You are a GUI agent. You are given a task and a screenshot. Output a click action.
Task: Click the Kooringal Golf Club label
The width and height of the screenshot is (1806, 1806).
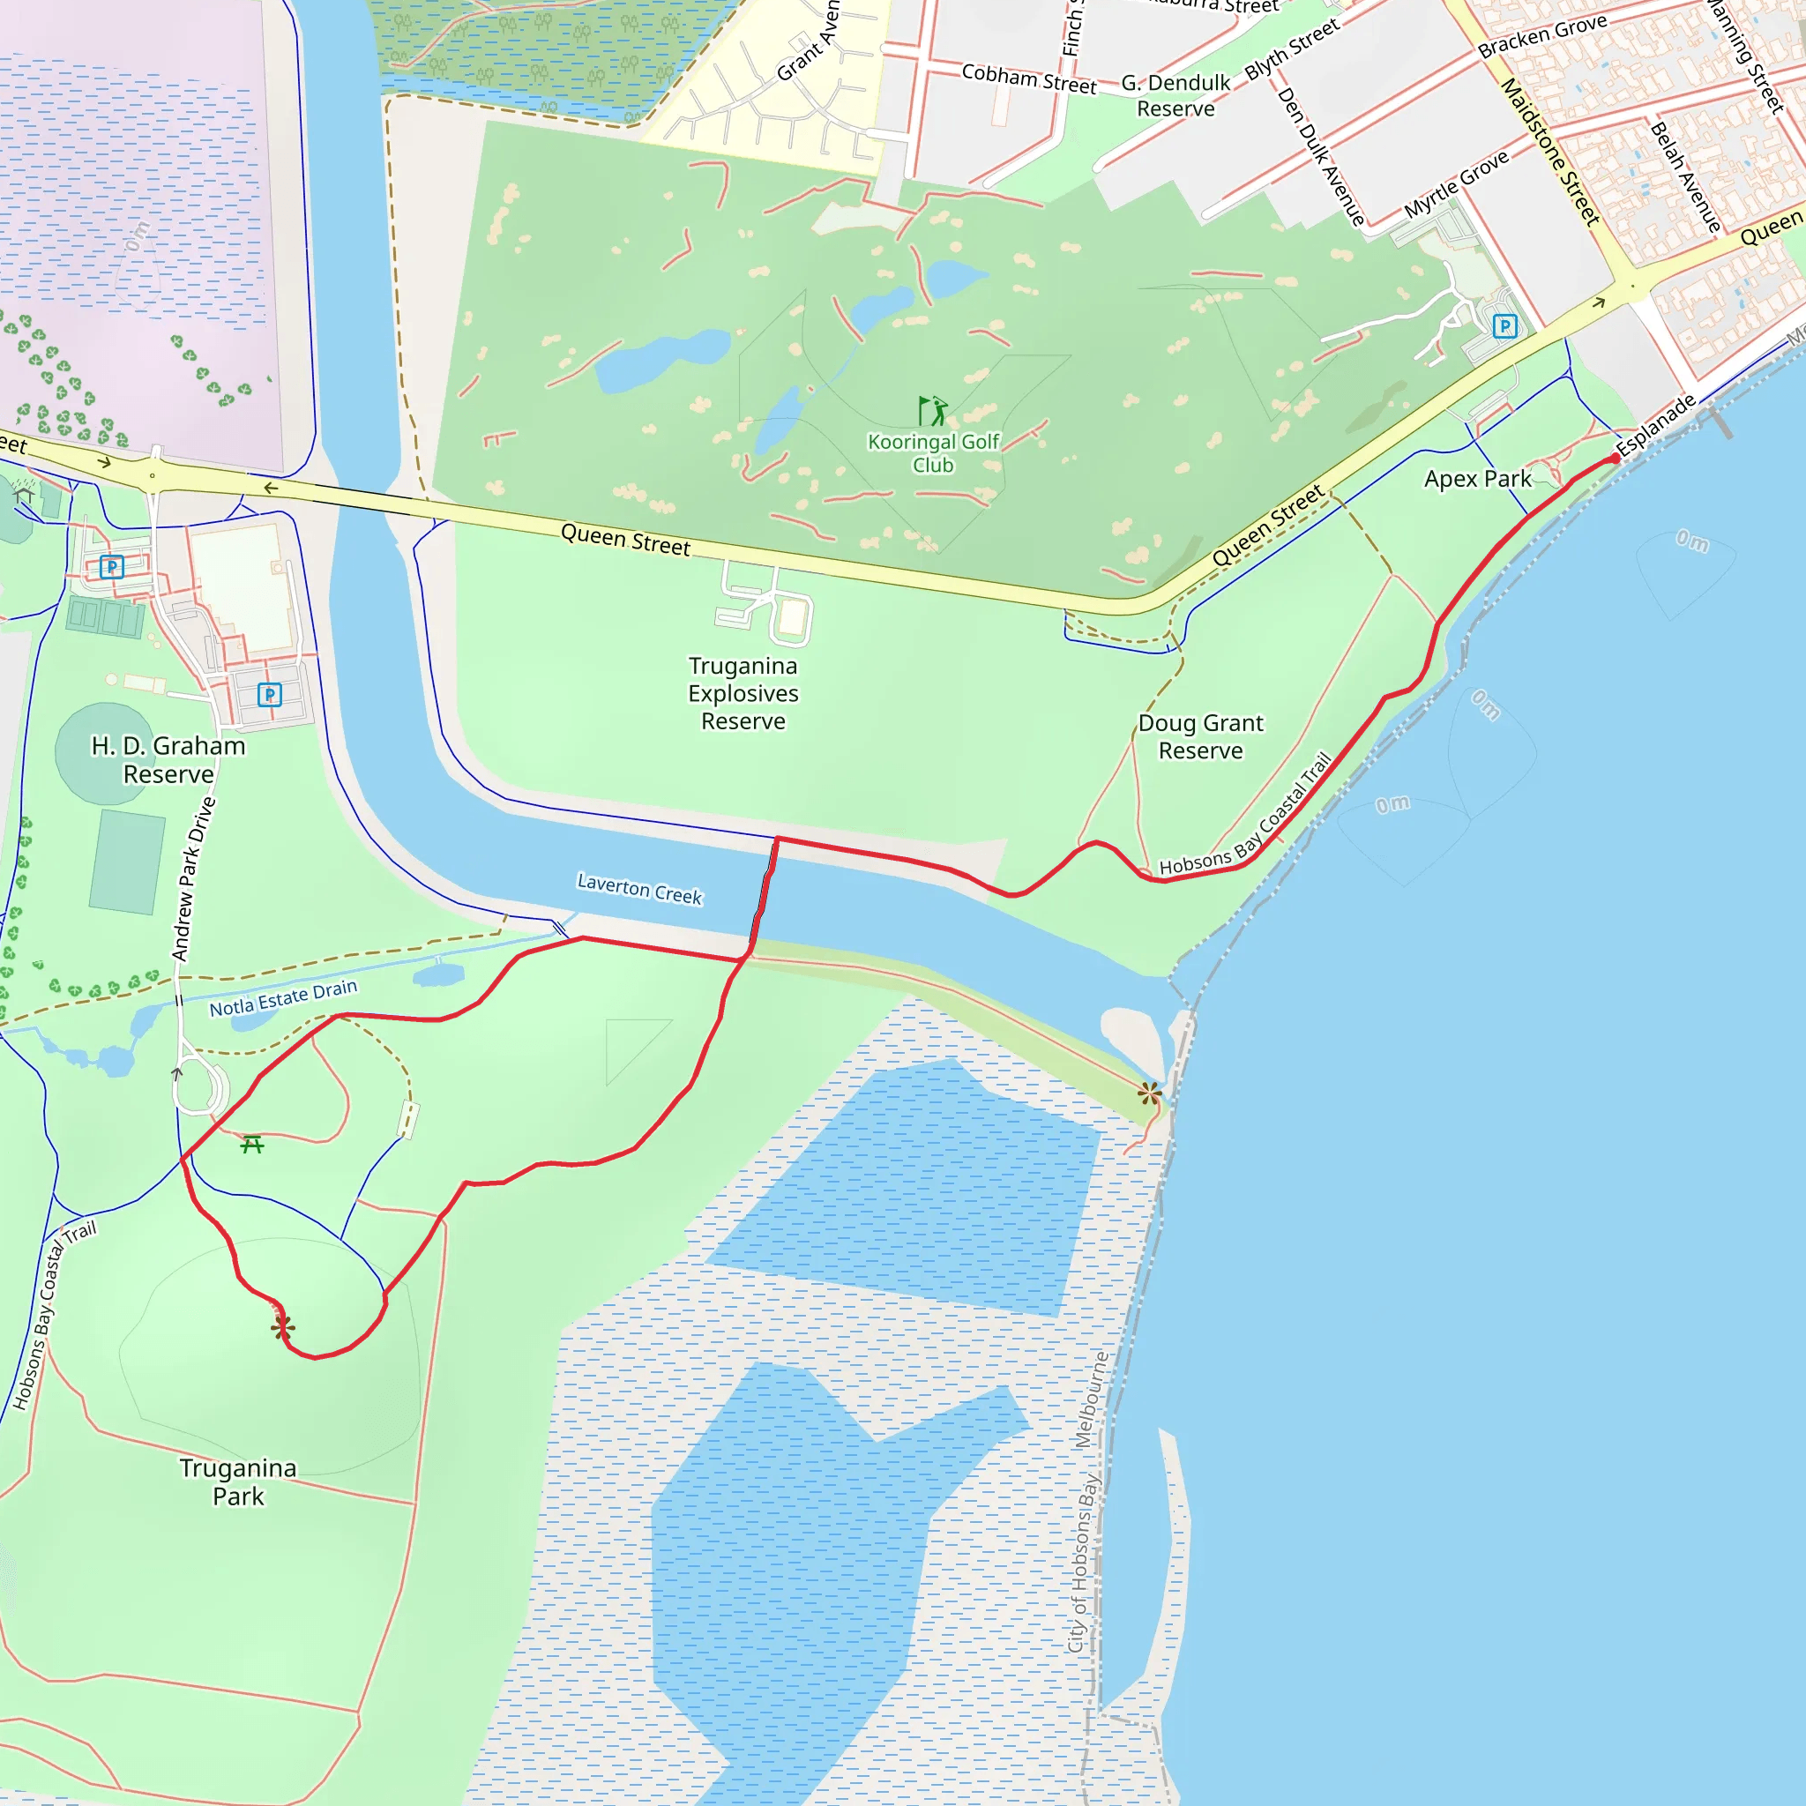tap(933, 453)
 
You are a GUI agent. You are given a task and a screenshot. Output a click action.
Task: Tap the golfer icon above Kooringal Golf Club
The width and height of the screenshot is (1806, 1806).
tap(932, 410)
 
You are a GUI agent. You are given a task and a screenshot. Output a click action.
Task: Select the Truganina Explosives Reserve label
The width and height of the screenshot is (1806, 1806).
tap(743, 694)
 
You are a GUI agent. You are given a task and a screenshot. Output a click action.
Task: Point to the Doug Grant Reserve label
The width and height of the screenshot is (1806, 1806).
tap(1200, 736)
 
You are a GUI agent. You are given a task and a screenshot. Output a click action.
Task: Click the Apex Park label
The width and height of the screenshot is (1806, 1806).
tap(1477, 480)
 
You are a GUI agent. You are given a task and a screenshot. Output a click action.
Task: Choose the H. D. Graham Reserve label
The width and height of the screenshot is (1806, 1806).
tap(168, 760)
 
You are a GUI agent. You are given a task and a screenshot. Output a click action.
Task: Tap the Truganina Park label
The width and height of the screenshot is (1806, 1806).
tap(238, 1481)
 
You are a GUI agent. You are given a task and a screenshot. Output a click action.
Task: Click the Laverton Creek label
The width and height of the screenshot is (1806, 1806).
tap(639, 887)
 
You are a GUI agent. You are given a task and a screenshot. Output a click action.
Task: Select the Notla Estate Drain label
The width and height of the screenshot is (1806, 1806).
tap(283, 998)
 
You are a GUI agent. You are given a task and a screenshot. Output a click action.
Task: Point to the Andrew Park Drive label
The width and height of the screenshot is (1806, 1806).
tap(193, 878)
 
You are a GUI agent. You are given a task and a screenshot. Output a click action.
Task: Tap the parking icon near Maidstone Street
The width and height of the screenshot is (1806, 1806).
tap(1504, 326)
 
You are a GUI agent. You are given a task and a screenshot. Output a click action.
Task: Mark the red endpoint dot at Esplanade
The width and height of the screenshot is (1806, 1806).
tap(1616, 458)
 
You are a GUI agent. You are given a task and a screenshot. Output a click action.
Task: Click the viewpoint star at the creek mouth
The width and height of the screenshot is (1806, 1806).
tap(1150, 1093)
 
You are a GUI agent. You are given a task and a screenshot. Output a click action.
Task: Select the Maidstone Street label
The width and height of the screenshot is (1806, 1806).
tap(1550, 152)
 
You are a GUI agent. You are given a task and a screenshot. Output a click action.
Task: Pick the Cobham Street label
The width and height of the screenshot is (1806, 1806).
tap(1028, 78)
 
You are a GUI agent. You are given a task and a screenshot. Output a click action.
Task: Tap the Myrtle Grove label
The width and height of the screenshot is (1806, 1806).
tap(1457, 184)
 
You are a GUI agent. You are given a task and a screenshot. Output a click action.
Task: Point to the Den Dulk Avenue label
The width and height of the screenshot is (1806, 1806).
tap(1321, 156)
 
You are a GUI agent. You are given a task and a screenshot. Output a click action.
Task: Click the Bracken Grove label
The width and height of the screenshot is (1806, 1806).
tap(1542, 35)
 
